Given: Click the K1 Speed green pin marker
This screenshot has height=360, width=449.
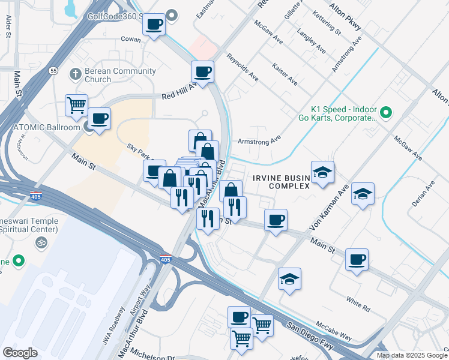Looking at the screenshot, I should point(387,112).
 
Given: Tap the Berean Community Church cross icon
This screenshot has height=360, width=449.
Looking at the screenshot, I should point(75,74).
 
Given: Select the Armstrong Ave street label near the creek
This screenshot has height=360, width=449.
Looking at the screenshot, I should point(267,140).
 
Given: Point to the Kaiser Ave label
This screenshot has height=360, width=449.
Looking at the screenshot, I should point(285,73).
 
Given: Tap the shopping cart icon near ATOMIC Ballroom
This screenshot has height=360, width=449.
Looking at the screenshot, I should point(76,105).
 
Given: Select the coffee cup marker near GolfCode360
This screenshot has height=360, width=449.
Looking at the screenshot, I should point(154,25).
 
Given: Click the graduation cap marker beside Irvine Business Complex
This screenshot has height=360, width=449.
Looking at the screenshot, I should point(322,172).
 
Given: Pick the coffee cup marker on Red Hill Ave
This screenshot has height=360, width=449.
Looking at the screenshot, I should point(202,72).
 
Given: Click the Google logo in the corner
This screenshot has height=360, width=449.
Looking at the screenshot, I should point(19,353).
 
